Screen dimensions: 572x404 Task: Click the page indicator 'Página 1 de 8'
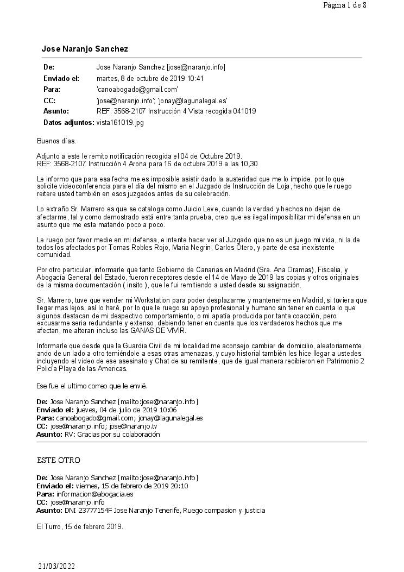click(344, 5)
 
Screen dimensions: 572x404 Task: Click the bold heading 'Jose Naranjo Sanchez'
click(85, 49)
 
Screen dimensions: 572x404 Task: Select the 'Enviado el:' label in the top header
click(61, 78)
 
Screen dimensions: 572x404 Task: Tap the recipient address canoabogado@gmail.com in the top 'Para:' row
click(137, 89)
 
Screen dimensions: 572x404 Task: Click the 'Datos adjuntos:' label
click(68, 122)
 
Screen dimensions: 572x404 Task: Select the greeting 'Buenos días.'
click(56, 141)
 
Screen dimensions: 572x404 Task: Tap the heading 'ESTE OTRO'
click(59, 460)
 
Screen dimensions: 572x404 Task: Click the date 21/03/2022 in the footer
click(56, 566)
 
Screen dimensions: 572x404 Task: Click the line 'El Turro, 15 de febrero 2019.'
click(80, 526)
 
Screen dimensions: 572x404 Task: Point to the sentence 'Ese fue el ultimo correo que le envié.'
click(92, 386)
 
